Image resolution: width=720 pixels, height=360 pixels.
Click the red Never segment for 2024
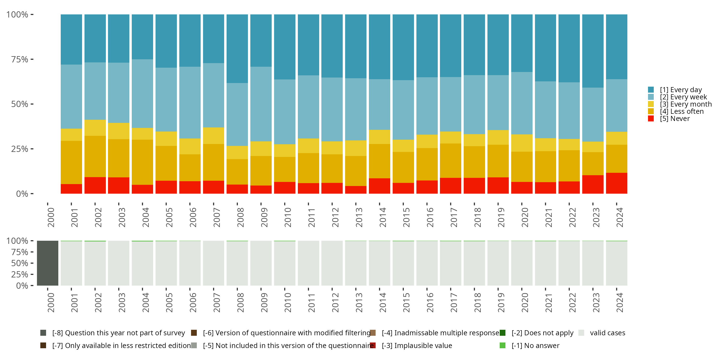tap(616, 183)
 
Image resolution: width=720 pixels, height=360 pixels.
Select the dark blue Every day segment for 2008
tap(237, 49)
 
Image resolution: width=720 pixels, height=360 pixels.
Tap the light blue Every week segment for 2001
tap(71, 96)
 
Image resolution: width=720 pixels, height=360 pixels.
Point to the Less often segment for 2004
tap(142, 162)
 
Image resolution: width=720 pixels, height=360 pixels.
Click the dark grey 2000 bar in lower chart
tap(48, 263)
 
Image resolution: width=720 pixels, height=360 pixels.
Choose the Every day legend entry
tap(681, 90)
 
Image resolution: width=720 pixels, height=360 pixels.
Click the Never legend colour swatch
tap(651, 119)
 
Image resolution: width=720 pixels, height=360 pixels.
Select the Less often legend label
tap(682, 111)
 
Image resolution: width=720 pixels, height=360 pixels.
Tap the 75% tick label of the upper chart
tap(20, 59)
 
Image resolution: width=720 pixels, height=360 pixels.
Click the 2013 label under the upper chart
tap(359, 217)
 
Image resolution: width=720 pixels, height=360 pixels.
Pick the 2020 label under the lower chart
tap(525, 302)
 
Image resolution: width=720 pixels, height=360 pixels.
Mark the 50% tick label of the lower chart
tap(20, 263)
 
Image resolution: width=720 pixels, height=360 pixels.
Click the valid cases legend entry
tap(607, 333)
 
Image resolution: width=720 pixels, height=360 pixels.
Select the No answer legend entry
tap(535, 345)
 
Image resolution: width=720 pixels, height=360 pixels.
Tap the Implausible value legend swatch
tap(372, 345)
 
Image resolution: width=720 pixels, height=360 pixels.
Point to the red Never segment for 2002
tap(95, 185)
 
